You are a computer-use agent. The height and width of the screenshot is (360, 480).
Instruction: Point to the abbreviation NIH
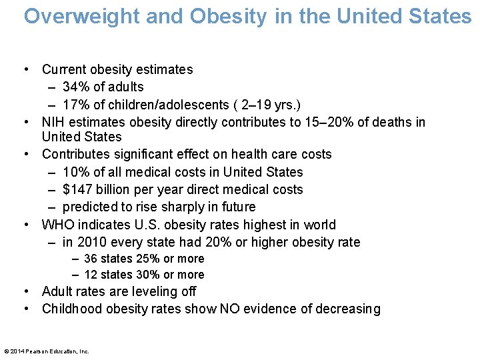53,122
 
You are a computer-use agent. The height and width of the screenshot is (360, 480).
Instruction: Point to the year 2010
91,242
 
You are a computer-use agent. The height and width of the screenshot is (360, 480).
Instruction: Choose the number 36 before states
90,259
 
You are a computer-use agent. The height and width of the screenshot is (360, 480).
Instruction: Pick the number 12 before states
90,275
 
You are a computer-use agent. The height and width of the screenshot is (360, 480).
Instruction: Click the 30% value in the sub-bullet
148,275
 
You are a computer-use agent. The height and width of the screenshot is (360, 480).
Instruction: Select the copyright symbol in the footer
6,351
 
